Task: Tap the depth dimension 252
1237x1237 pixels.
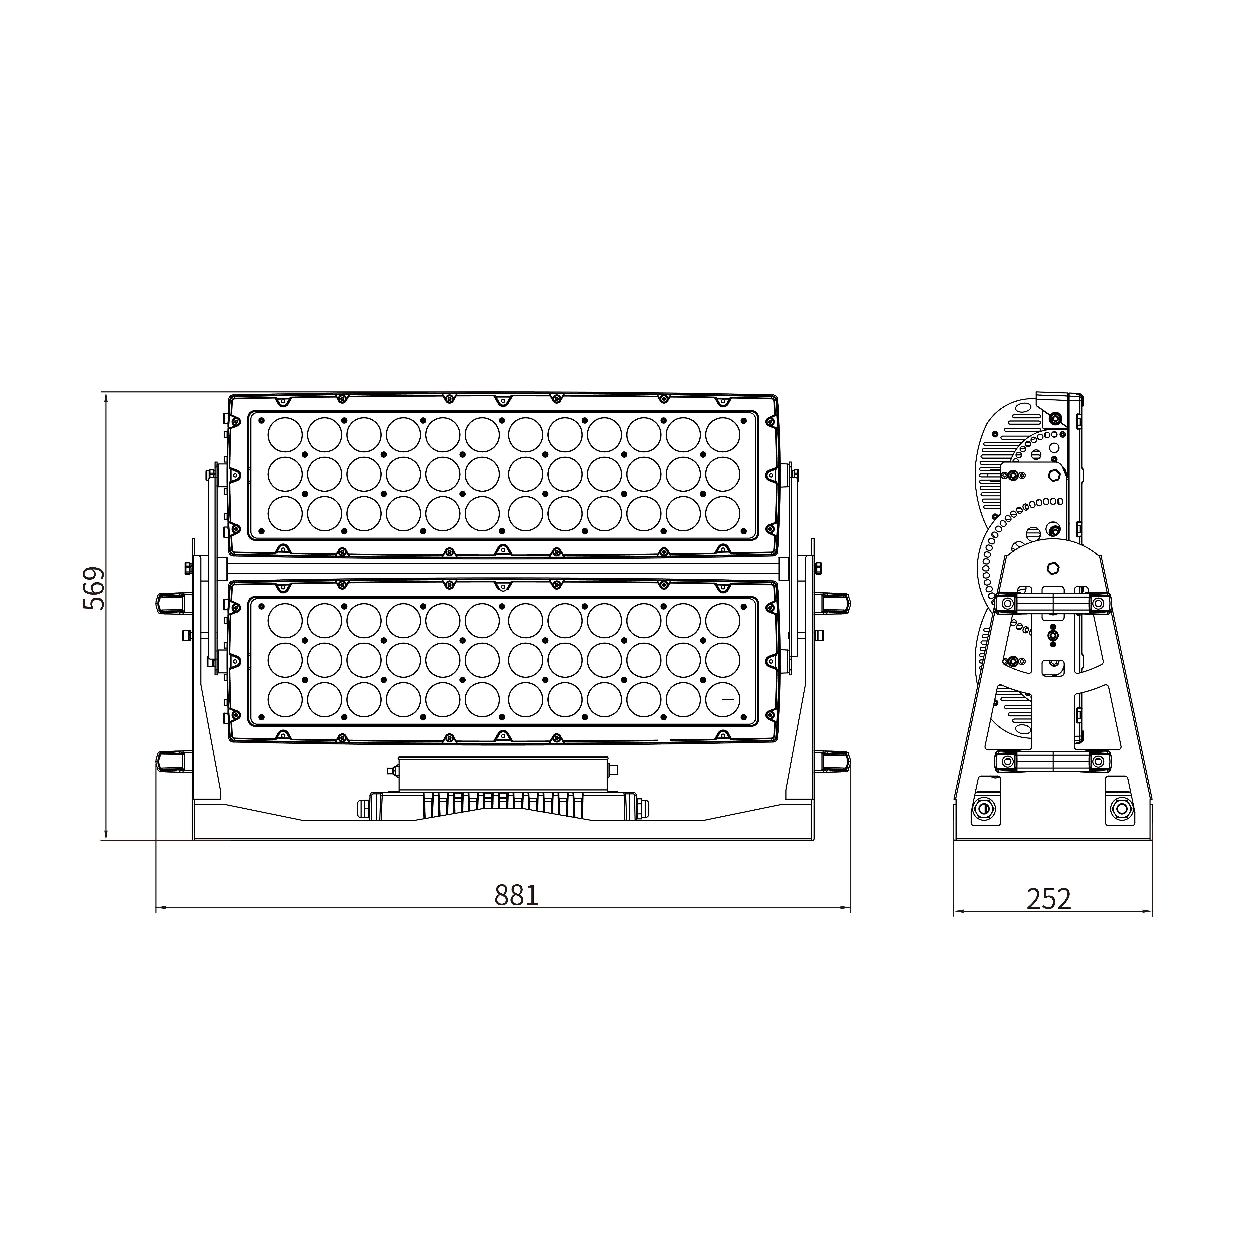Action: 1049,899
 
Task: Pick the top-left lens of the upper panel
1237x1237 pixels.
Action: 285,435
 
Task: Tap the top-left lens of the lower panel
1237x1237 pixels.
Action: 285,620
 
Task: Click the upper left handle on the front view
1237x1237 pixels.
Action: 174,603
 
